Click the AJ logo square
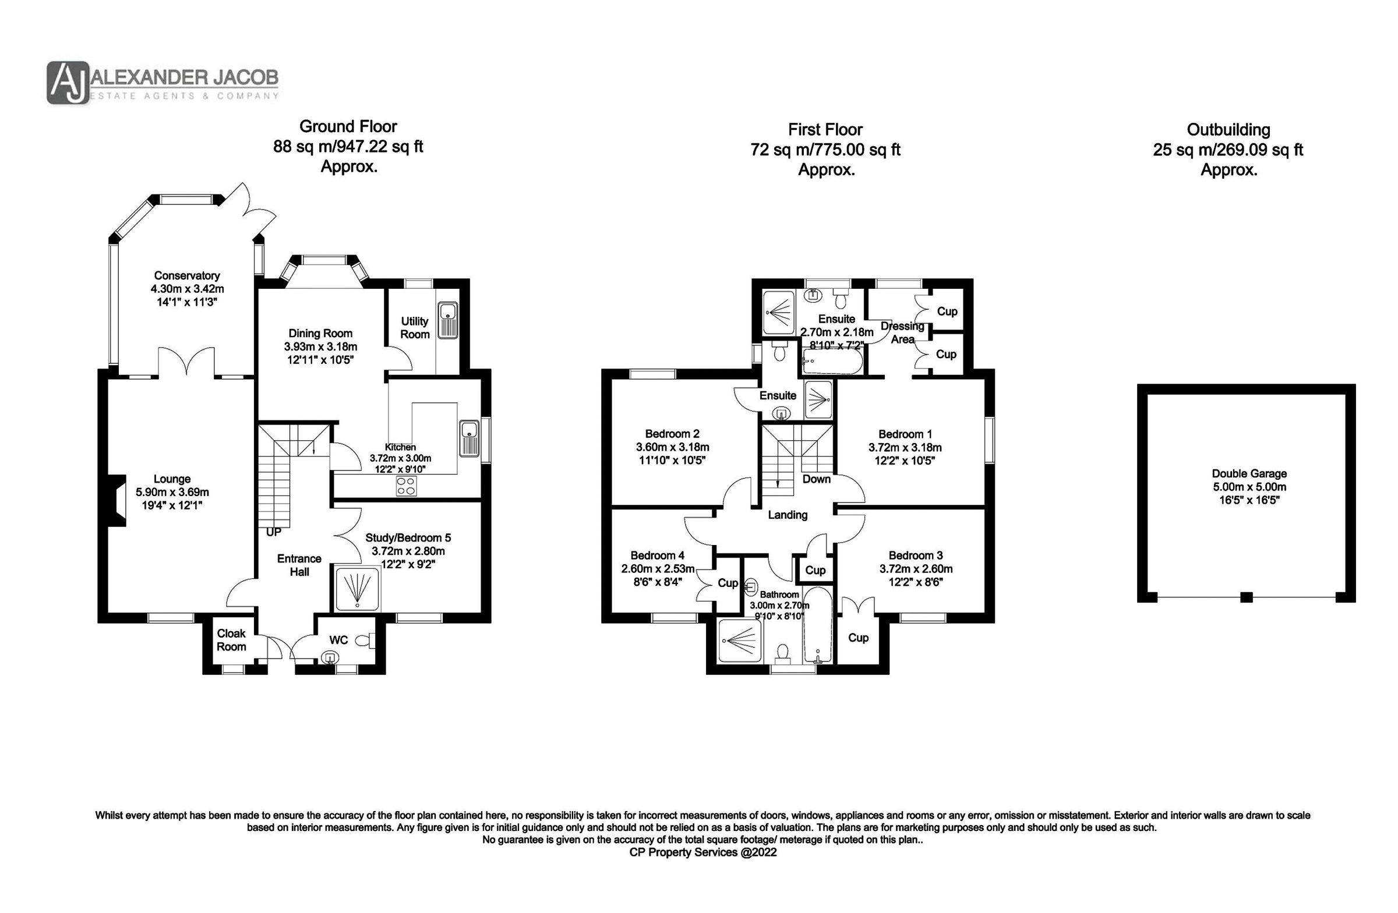click(68, 83)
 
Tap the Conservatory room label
click(187, 275)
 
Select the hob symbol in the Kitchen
click(407, 486)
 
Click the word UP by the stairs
click(274, 533)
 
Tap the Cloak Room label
click(231, 640)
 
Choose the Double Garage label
click(1249, 473)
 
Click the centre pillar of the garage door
click(1246, 598)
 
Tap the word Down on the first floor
click(817, 479)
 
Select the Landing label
click(788, 515)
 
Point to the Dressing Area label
click(902, 332)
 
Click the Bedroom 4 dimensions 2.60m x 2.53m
click(658, 568)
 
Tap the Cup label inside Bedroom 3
click(858, 638)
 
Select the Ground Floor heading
click(348, 126)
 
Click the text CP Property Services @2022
click(702, 852)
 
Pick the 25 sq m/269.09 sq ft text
click(1228, 150)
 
